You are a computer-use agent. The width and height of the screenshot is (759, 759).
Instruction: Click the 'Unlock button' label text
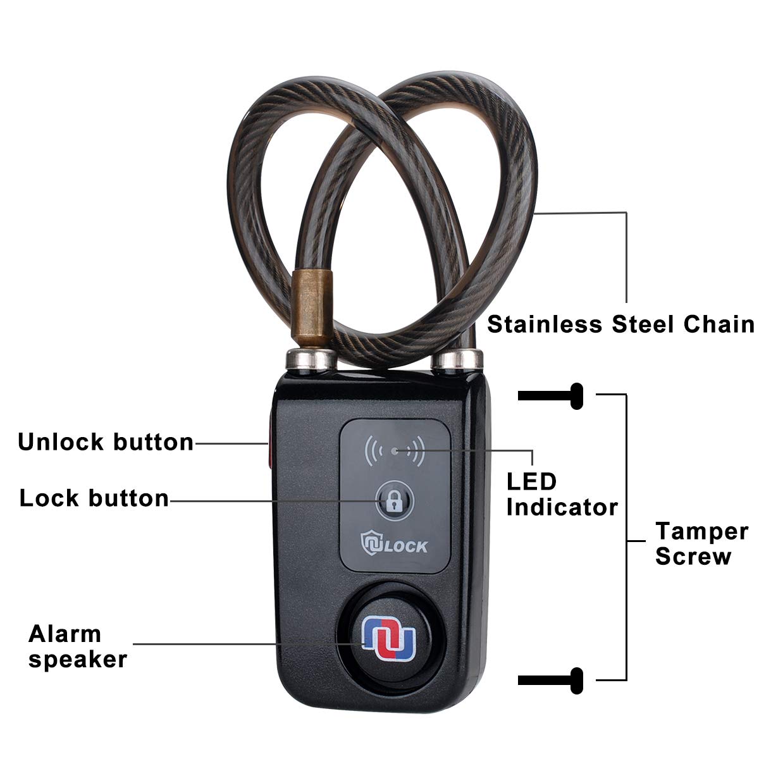106,442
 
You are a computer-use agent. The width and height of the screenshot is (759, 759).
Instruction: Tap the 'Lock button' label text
94,498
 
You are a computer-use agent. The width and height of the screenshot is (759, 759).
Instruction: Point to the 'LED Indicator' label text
562,494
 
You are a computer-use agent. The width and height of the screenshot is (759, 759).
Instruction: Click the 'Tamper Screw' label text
701,543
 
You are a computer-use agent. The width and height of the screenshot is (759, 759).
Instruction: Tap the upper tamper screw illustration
550,397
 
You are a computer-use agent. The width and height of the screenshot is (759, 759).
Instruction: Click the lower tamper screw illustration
550,680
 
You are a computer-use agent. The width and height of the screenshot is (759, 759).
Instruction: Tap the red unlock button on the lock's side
268,445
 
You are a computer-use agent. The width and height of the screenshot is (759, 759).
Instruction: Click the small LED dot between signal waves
395,450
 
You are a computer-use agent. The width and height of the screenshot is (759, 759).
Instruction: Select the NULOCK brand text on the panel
394,545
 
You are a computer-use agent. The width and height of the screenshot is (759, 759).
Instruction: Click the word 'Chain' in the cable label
719,324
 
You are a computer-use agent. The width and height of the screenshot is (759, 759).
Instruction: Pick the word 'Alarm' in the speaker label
65,634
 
